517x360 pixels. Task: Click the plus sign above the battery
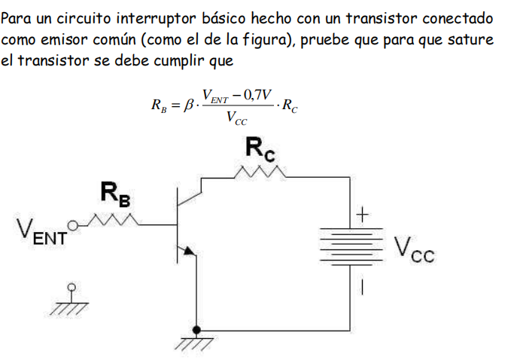[361, 216]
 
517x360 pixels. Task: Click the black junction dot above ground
[196, 330]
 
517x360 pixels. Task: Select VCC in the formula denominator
[238, 118]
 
